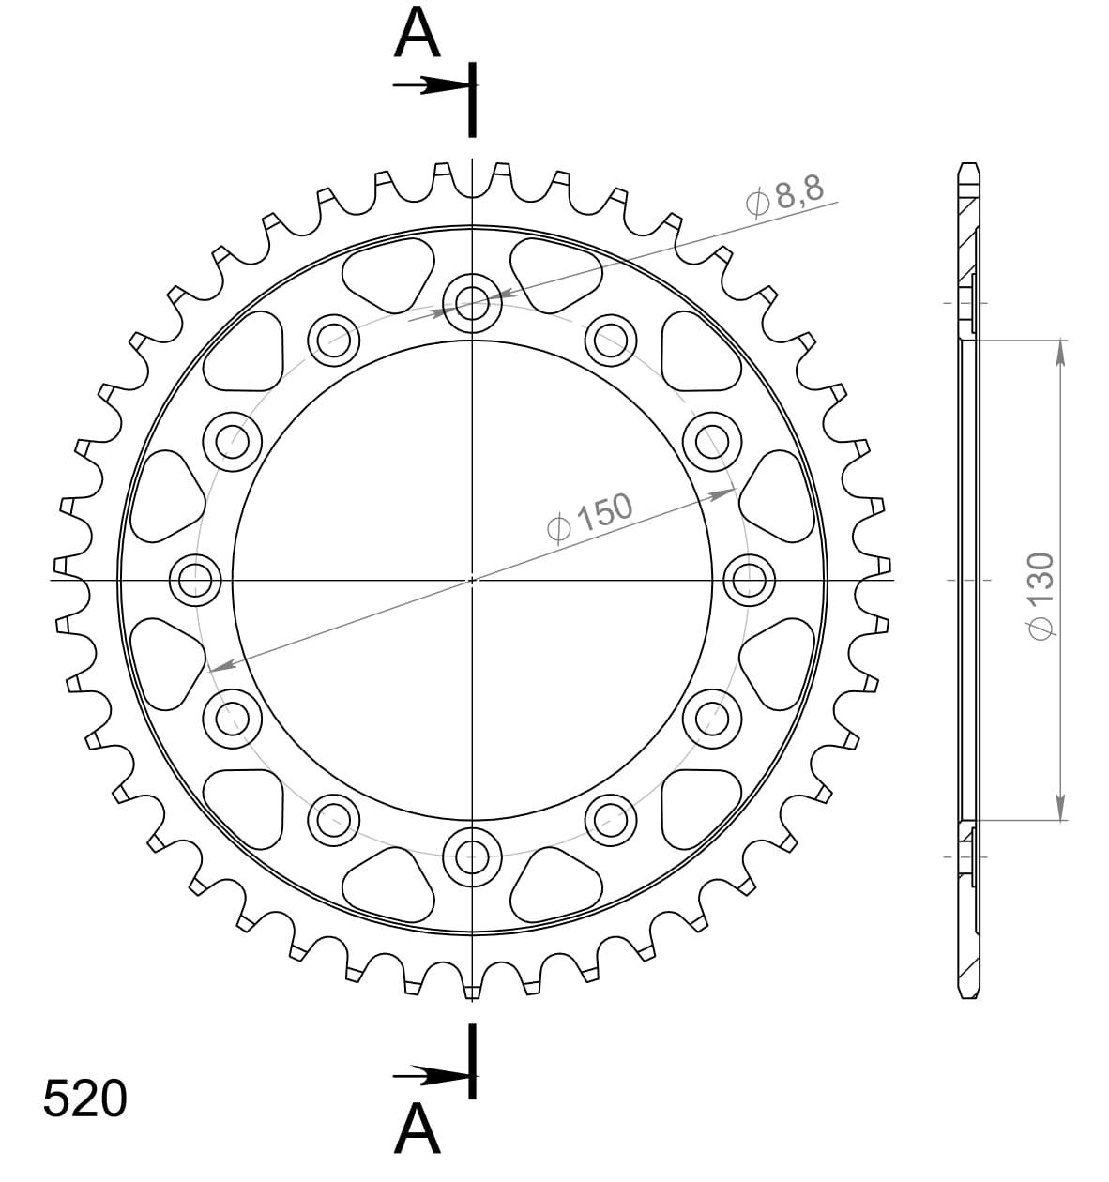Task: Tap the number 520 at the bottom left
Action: pos(84,1099)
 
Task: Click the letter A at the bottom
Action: pos(418,1129)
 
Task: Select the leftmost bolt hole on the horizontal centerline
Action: pos(195,579)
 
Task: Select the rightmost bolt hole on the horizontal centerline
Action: pos(750,579)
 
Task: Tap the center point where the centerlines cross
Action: pos(472,579)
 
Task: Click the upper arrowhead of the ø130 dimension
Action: pos(1060,350)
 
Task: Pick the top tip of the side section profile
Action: pos(969,167)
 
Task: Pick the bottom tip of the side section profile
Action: pos(969,996)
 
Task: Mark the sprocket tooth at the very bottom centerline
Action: pos(472,990)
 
